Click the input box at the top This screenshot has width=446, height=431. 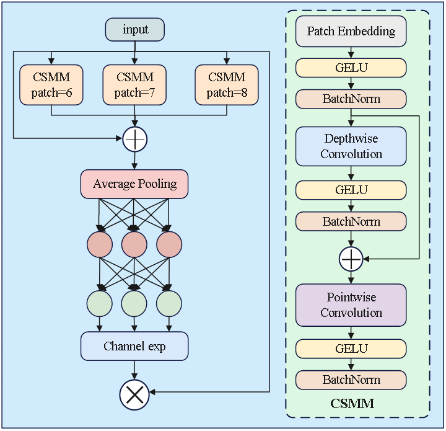135,30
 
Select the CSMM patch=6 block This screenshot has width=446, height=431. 51,85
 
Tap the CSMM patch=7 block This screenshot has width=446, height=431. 134,85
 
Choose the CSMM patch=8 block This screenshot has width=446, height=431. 226,85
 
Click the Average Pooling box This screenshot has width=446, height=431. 134,184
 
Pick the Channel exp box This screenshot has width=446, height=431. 134,347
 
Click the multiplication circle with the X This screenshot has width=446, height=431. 134,395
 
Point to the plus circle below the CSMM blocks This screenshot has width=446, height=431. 134,140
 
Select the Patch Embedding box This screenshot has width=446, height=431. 351,31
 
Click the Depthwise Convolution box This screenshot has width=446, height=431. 351,146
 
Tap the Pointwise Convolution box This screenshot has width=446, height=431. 351,305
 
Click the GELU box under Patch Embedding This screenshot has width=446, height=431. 351,67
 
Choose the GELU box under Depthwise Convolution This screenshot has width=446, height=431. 351,190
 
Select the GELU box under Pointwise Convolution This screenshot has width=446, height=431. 351,349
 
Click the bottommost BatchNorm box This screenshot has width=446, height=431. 351,380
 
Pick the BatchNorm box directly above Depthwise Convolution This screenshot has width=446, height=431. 351,99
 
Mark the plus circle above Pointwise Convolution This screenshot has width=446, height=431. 351,259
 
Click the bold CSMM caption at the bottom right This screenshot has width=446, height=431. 352,404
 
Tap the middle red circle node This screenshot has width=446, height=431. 134,244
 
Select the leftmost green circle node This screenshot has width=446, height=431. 99,303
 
